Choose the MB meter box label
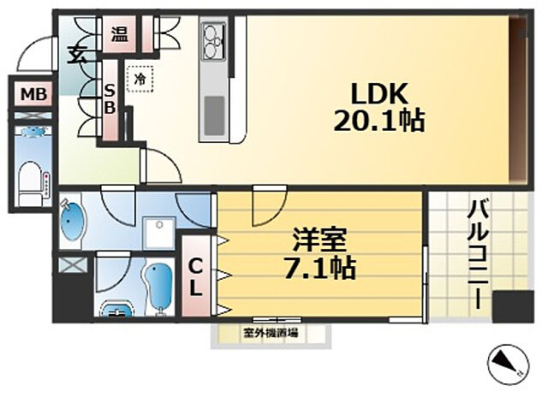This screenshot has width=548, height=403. point(33,93)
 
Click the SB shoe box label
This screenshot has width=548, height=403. point(110,99)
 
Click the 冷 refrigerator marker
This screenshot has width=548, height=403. point(138,79)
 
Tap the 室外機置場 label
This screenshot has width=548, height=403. point(271,334)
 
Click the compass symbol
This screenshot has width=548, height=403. point(507,366)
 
